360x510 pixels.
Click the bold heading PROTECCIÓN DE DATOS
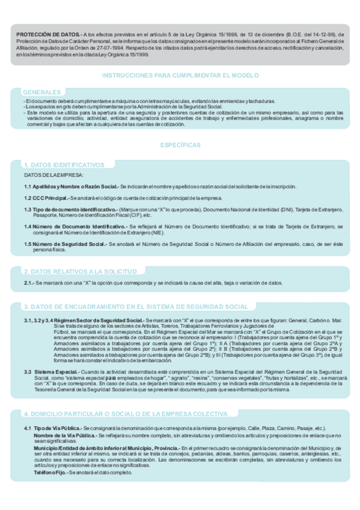click(x=46, y=35)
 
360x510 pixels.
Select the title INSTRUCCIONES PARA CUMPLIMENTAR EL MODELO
click(x=180, y=76)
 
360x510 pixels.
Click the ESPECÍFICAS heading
click(x=180, y=146)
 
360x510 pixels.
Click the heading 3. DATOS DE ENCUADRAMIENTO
click(x=135, y=307)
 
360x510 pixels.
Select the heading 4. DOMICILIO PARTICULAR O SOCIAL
click(x=125, y=414)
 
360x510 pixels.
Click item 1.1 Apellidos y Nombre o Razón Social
click(x=71, y=186)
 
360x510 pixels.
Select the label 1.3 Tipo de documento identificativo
click(x=70, y=209)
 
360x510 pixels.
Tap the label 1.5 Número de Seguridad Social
click(x=65, y=244)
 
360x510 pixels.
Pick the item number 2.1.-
click(x=29, y=283)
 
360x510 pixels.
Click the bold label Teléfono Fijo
click(x=50, y=473)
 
